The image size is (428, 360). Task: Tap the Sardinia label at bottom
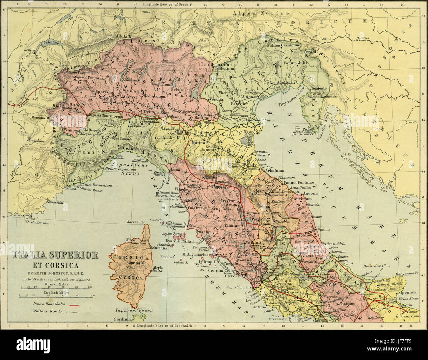pyautogui.click(x=122, y=319)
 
